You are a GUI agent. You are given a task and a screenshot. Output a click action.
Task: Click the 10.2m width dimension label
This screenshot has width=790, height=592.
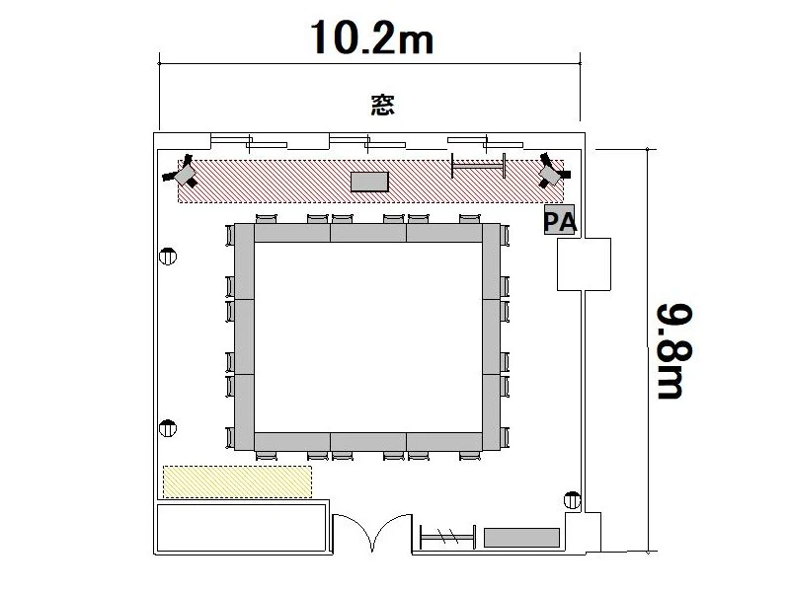[x=372, y=37]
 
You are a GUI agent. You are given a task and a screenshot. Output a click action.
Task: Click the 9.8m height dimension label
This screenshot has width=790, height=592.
[x=674, y=351]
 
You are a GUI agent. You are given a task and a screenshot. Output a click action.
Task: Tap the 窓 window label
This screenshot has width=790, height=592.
[x=383, y=105]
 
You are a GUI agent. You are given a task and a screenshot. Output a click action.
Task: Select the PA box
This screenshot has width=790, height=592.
[x=559, y=220]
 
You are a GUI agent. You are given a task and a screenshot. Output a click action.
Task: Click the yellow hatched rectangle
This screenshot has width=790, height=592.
[x=237, y=482]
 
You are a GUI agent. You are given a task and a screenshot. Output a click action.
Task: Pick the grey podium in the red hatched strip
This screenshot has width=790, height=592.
[x=369, y=182]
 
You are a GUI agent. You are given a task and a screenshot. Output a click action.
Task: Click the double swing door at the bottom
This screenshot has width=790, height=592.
[x=372, y=532]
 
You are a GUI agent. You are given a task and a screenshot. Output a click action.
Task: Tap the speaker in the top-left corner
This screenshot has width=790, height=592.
[x=182, y=173]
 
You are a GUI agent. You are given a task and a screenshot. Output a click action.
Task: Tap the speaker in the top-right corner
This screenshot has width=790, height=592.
[x=552, y=172]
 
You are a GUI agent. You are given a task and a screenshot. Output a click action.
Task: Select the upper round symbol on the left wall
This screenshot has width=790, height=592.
[x=168, y=257]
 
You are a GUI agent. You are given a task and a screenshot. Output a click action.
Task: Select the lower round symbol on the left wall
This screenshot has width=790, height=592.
[x=168, y=428]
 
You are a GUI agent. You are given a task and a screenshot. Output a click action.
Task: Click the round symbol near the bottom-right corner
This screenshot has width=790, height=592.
[x=572, y=500]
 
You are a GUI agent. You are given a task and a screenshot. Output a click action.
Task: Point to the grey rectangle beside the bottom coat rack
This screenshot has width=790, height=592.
[x=522, y=538]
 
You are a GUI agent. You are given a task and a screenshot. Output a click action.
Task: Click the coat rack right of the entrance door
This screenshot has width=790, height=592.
[x=447, y=537]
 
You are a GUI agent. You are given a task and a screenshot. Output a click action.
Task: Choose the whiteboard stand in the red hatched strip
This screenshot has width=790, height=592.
[x=479, y=166]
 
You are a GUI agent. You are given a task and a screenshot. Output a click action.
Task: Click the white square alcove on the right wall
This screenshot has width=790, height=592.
[x=584, y=264]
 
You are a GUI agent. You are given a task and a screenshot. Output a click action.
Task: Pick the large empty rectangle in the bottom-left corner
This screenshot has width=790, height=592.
[x=242, y=529]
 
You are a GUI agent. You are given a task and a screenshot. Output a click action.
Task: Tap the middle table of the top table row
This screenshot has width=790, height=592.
[x=368, y=233]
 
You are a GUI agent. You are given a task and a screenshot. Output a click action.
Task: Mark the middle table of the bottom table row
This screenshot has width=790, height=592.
[x=368, y=441]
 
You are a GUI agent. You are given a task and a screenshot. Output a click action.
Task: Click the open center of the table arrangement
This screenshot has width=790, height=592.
[x=368, y=337]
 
